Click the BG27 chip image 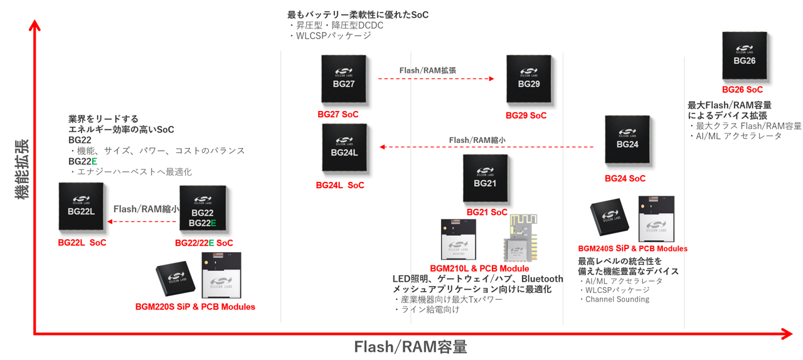(x=344, y=78)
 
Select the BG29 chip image (x=528, y=78)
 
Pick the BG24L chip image (x=344, y=147)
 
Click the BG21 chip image (x=485, y=178)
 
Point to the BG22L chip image (x=81, y=206)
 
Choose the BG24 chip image (x=627, y=139)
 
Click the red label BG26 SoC (x=742, y=90)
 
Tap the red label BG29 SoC (x=526, y=115)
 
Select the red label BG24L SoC (x=339, y=185)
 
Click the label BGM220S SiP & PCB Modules (x=195, y=307)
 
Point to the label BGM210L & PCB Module (x=479, y=268)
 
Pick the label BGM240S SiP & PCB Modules (x=632, y=248)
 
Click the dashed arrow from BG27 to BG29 (x=436, y=79)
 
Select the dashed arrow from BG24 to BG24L (x=486, y=147)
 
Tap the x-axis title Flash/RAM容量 (x=410, y=347)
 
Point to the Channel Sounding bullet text (x=617, y=299)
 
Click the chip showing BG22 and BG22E (x=203, y=209)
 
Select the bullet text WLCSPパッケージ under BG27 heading (x=331, y=36)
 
